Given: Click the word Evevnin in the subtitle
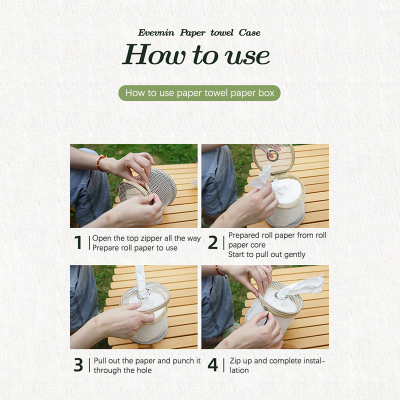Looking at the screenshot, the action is pyautogui.click(x=156, y=32).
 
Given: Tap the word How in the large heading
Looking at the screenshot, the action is pyautogui.click(x=154, y=54).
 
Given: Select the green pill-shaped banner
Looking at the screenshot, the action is pyautogui.click(x=199, y=93).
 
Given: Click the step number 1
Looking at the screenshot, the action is pyautogui.click(x=78, y=242).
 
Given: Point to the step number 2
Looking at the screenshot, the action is pyautogui.click(x=213, y=242).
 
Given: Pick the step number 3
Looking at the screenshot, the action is pyautogui.click(x=78, y=365).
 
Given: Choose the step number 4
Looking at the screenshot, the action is pyautogui.click(x=213, y=365).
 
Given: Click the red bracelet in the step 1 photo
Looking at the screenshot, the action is pyautogui.click(x=101, y=163).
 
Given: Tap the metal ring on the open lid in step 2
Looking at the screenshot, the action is pyautogui.click(x=272, y=155).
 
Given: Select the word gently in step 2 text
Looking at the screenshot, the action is pyautogui.click(x=294, y=254).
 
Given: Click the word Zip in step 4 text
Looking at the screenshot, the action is pyautogui.click(x=235, y=361).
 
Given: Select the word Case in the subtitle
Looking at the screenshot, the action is pyautogui.click(x=249, y=32).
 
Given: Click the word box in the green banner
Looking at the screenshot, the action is pyautogui.click(x=266, y=93).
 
